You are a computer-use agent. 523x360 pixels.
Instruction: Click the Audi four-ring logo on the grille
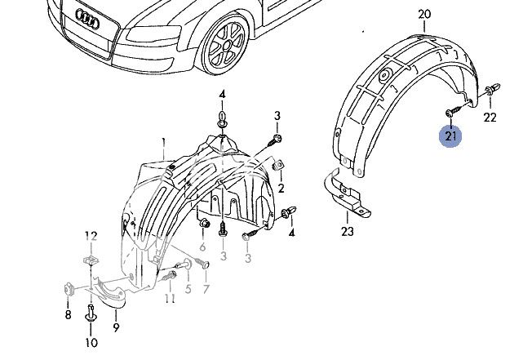tap(87, 19)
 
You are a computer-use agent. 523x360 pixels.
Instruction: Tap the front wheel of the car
tap(226, 45)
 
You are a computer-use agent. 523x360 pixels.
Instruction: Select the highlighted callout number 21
tap(450, 136)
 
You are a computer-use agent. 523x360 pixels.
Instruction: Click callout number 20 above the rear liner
tap(424, 15)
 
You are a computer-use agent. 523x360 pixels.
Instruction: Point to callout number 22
tap(490, 118)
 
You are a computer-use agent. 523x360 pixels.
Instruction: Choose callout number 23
tap(348, 231)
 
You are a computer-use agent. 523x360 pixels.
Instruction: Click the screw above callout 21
tap(454, 111)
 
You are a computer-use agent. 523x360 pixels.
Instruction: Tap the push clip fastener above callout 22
tap(493, 89)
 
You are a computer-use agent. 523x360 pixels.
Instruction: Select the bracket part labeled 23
tap(347, 193)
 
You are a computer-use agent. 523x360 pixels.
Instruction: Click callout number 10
tap(91, 342)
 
